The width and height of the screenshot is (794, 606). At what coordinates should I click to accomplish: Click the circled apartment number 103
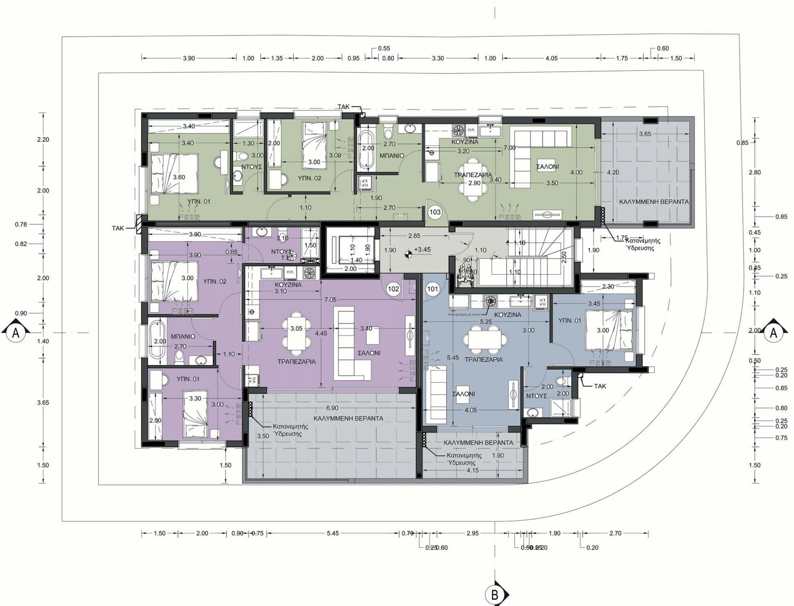435,212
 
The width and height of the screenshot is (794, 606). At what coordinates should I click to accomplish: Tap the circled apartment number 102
393,288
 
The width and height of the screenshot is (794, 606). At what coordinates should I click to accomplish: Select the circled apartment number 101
433,288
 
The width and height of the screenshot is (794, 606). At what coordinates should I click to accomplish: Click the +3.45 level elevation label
422,249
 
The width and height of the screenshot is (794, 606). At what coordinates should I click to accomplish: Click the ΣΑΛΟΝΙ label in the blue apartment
464,394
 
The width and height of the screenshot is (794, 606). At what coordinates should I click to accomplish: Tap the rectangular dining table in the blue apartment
485,340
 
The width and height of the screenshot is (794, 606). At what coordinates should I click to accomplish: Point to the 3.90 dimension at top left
189,58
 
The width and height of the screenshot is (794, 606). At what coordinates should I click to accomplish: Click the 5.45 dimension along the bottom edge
333,533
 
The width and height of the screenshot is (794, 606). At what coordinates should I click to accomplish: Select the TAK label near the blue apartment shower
600,386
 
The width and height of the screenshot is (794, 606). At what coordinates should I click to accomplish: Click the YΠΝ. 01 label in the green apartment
198,201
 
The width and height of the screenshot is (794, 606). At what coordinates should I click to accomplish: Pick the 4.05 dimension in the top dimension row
551,58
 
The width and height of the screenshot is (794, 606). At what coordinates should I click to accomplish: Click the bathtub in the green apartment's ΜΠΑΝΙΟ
367,151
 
